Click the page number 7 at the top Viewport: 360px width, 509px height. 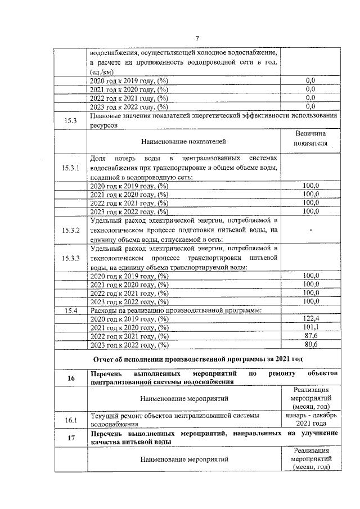tap(197, 38)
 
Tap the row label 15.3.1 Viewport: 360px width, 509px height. tap(70, 168)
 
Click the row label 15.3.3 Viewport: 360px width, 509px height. tap(70, 258)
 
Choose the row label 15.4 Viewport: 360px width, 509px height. tap(70, 309)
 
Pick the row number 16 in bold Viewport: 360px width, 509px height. tap(71, 378)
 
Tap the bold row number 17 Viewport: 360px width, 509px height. tap(71, 439)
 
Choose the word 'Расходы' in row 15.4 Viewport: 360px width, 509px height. tap(105, 309)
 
